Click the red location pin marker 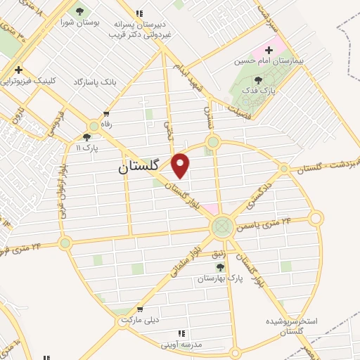click(181, 165)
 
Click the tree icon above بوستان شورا click(79, 11)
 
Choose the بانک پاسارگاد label click(94, 82)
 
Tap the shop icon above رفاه click(106, 113)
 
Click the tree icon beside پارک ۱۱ click(87, 137)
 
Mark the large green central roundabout click(222, 226)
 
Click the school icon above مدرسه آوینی click(181, 333)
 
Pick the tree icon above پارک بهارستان click(220, 267)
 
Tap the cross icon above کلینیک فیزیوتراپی click(18, 70)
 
